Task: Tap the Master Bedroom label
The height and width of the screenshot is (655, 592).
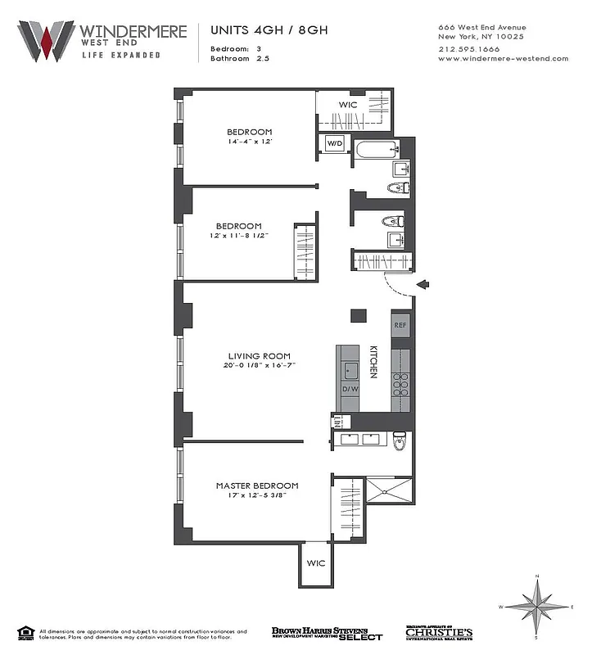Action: pos(257,486)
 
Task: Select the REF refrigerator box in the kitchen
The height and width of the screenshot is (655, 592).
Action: pos(400,325)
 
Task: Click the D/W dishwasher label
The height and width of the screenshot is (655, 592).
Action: pos(350,388)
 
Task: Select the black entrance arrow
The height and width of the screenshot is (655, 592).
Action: pos(423,284)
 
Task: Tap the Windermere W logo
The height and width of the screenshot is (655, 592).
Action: pos(46,40)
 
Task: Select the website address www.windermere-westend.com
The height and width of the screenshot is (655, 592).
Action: pos(503,58)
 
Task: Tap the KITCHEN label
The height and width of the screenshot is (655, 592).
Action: pos(373,360)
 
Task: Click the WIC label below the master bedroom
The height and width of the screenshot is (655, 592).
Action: pos(316,564)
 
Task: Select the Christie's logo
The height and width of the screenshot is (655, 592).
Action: pos(439,633)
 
